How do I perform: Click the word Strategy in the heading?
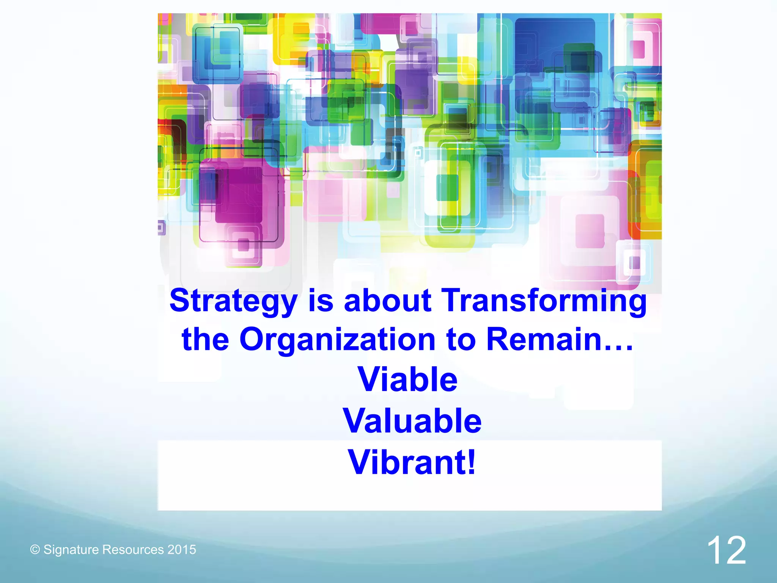pos(233,301)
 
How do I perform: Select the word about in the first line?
pos(387,300)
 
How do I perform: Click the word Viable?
pos(408,379)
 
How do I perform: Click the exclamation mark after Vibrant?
pos(471,462)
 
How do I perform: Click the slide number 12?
pos(726,550)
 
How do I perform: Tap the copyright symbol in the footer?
pos(35,550)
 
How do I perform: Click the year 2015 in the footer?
pos(182,550)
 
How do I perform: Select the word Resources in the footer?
pos(133,550)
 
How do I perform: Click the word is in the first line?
pos(321,300)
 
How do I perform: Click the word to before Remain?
pos(461,340)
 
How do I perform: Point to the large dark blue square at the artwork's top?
pos(554,42)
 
